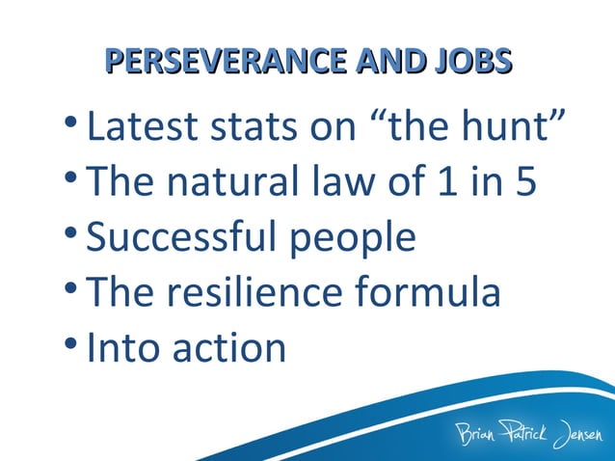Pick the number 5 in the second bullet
(525, 183)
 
